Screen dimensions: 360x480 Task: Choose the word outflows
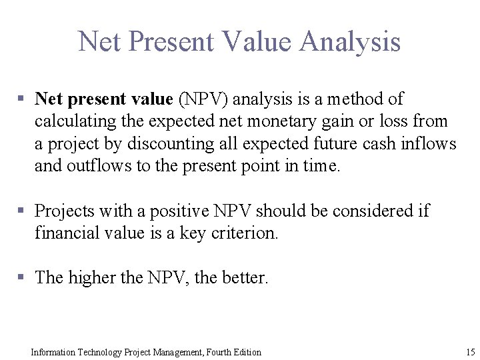(97, 166)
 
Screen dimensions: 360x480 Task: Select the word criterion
(243, 233)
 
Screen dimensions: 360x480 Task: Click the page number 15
(470, 351)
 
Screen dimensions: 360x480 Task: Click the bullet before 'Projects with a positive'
(22, 211)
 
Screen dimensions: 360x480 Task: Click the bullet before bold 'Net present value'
(22, 99)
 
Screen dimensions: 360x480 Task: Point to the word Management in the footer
(173, 351)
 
